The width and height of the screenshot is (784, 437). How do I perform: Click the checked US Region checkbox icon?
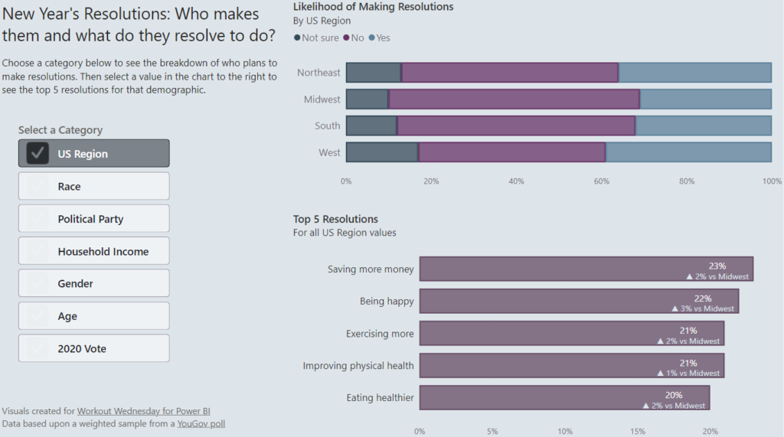(x=38, y=153)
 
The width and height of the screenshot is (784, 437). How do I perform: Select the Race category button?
(x=93, y=186)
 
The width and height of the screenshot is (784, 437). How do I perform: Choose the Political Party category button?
(x=93, y=219)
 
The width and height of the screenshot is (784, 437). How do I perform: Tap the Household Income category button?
(x=93, y=251)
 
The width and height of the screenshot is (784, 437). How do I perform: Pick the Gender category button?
(x=93, y=283)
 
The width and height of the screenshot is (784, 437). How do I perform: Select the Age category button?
(x=93, y=316)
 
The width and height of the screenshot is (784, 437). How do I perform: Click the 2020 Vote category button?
(x=93, y=348)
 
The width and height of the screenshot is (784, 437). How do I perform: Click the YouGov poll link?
(x=201, y=423)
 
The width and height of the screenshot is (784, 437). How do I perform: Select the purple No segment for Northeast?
(x=509, y=73)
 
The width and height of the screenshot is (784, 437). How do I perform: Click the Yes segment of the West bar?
(x=688, y=152)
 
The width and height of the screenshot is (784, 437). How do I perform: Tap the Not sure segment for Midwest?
(x=367, y=99)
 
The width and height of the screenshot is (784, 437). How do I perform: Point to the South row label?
(x=327, y=126)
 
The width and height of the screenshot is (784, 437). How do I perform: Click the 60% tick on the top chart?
(x=601, y=181)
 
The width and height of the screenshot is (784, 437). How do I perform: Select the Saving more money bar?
(x=586, y=269)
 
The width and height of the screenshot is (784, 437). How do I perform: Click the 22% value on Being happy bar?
(x=703, y=298)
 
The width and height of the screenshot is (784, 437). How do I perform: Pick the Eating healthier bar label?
(x=380, y=397)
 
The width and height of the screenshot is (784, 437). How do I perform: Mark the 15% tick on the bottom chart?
(x=637, y=431)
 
